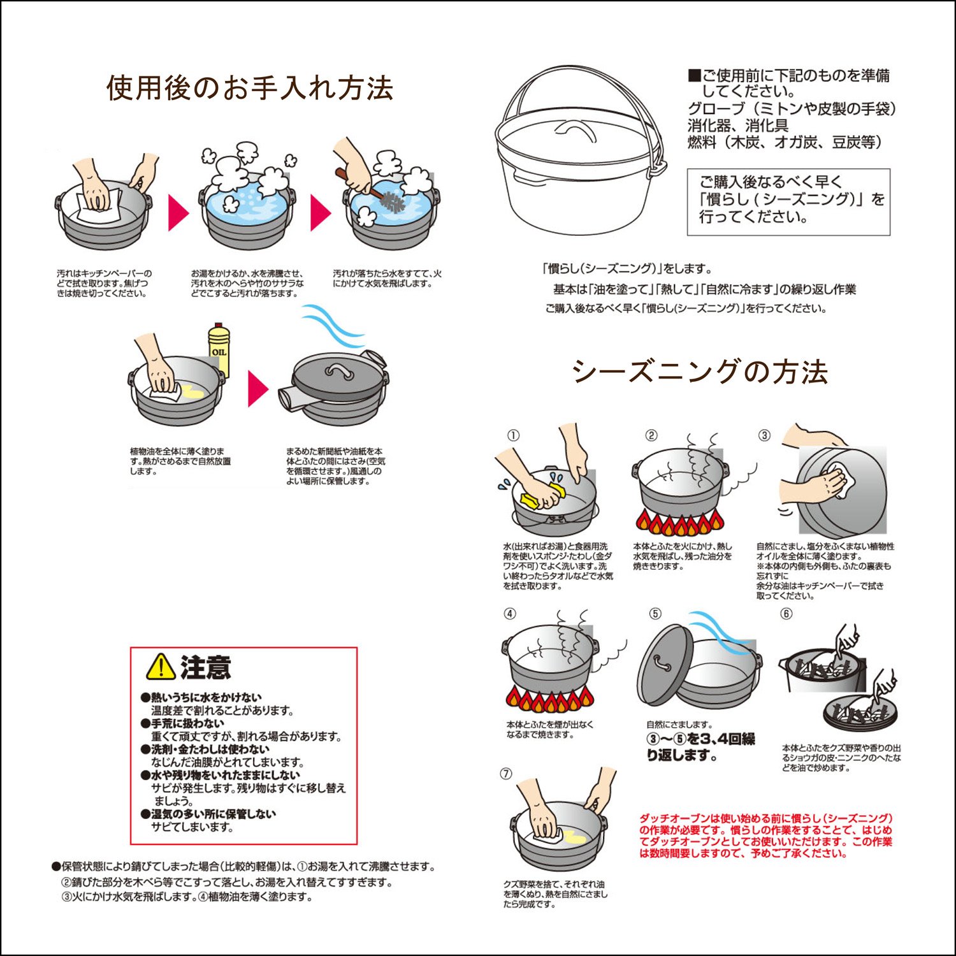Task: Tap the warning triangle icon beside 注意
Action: pos(161,666)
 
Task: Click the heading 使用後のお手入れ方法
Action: pos(250,88)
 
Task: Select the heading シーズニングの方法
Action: pos(700,372)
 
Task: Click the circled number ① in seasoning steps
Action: pos(513,436)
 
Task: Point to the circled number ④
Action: pos(510,614)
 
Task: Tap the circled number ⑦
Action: pos(506,774)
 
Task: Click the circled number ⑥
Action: pos(786,614)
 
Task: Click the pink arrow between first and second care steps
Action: pos(178,213)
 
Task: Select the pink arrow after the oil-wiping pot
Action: pos(258,388)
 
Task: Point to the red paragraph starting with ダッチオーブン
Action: pos(766,836)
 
